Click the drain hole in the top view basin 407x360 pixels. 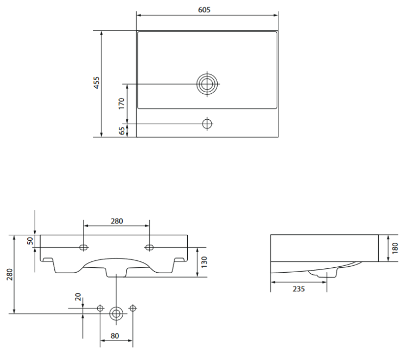coord(207,84)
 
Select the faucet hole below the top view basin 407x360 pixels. coord(207,124)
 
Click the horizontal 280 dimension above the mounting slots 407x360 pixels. coord(116,221)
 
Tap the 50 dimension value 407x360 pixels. coord(30,240)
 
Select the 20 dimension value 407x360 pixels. coord(78,297)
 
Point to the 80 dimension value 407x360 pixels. coord(116,336)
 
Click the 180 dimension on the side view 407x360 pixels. coord(395,247)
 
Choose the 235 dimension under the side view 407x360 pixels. coord(298,289)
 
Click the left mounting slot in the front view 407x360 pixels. coord(83,248)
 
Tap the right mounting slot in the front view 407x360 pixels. coord(149,248)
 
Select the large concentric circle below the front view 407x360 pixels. coord(116,313)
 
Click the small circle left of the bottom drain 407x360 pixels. coord(100,308)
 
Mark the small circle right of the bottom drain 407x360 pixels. coord(132,308)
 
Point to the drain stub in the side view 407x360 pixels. coord(326,276)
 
